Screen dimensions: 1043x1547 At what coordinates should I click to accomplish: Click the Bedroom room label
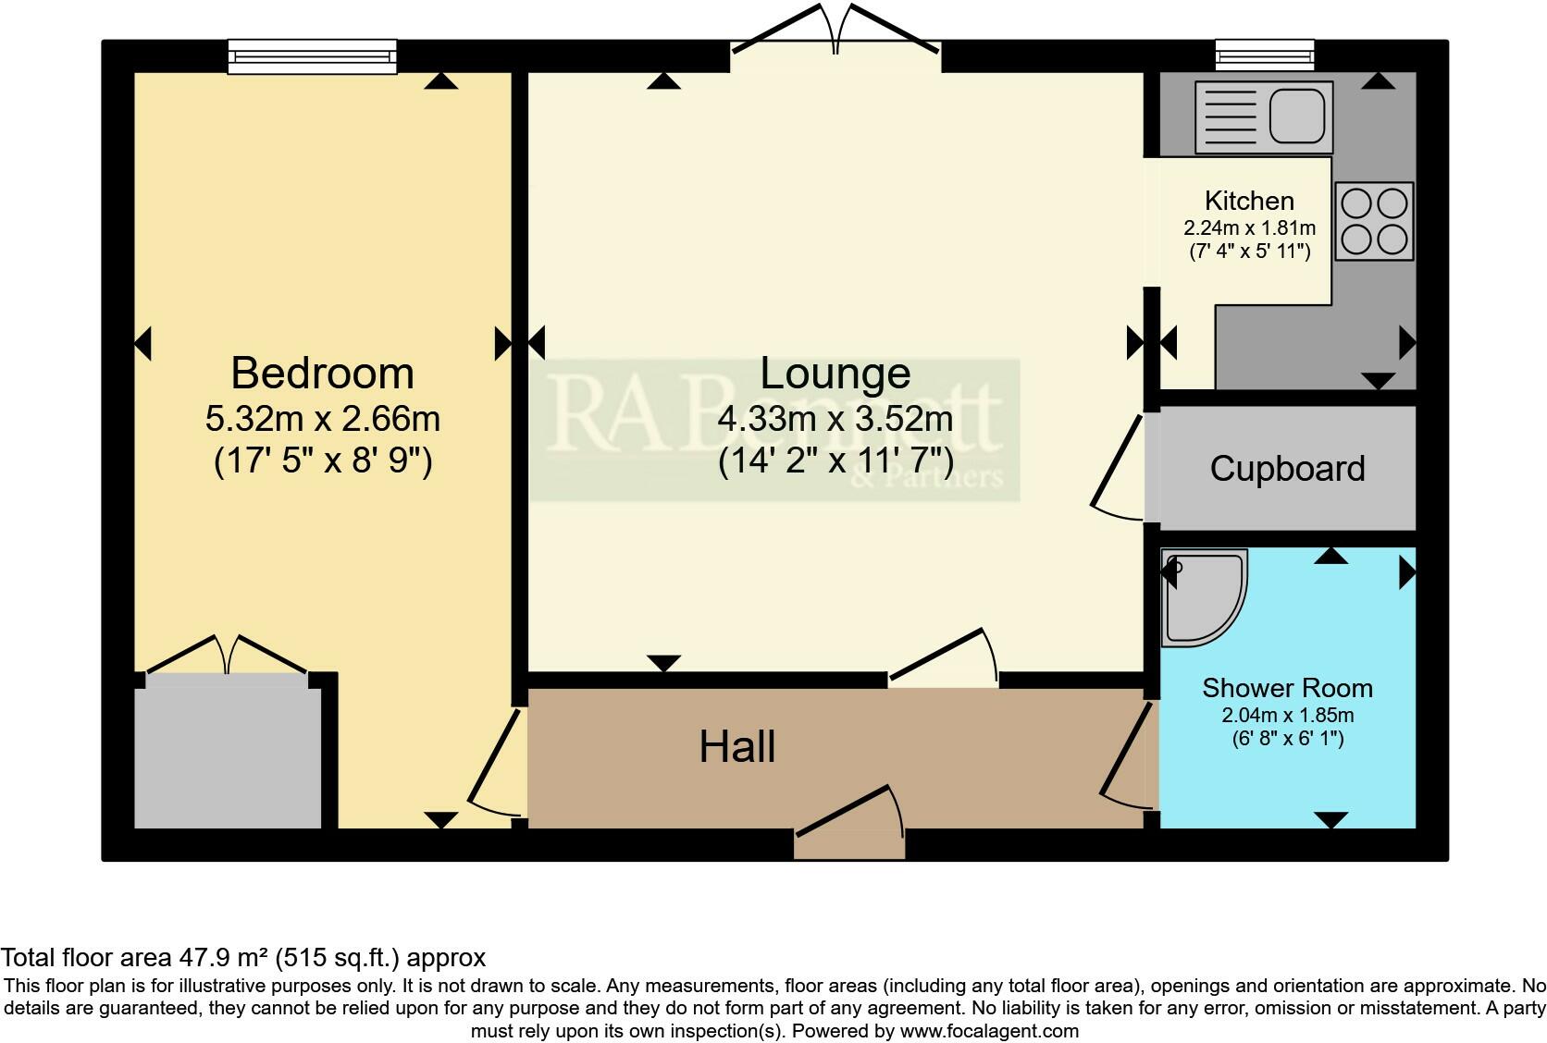(x=322, y=374)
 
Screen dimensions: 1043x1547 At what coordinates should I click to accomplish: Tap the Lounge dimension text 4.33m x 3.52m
(x=835, y=419)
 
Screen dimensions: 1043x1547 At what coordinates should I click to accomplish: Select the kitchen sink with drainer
(x=1264, y=117)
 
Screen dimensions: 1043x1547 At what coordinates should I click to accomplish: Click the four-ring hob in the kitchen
(x=1374, y=221)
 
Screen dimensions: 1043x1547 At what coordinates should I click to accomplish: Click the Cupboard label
(x=1287, y=469)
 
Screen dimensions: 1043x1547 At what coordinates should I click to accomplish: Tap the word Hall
(x=736, y=746)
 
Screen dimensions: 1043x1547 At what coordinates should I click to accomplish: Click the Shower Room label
(x=1287, y=688)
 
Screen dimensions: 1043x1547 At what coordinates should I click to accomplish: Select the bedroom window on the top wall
(x=313, y=56)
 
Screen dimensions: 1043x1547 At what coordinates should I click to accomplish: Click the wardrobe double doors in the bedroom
(x=227, y=655)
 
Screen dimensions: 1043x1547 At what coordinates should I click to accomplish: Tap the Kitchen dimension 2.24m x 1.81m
(x=1249, y=227)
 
